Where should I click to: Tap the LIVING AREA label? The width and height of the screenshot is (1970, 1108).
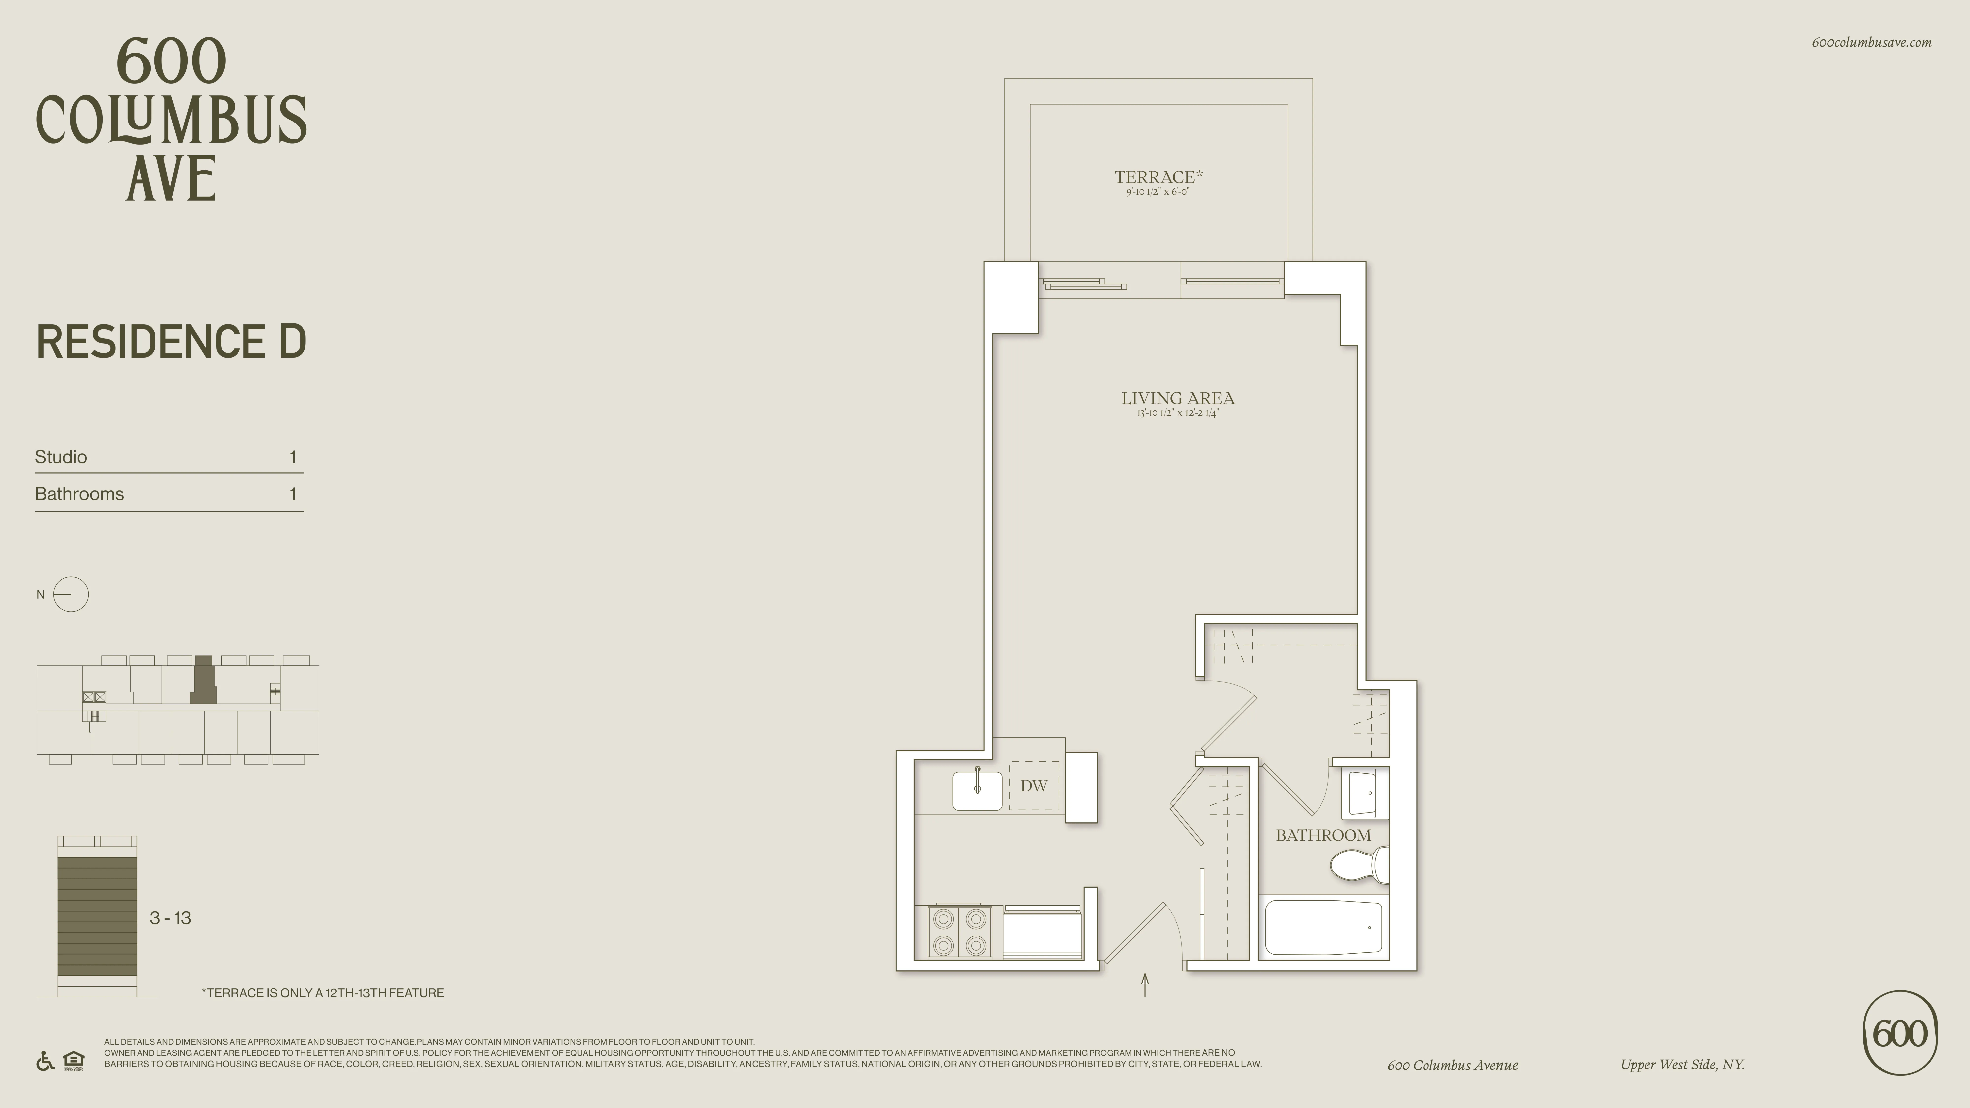(x=1178, y=398)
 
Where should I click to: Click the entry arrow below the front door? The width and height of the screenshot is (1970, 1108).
(x=1145, y=985)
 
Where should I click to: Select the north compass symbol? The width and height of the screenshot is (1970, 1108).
(x=70, y=594)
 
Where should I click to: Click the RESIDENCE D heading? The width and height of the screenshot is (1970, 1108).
(x=171, y=342)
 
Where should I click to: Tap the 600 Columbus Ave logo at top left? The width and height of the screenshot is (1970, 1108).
(x=171, y=118)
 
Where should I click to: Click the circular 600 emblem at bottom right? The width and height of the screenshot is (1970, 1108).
(x=1900, y=1033)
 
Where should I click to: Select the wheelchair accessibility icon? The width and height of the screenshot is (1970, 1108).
(x=45, y=1061)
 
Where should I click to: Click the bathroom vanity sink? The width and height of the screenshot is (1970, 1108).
(x=1361, y=793)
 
